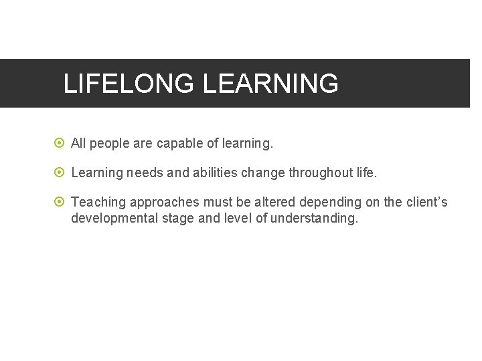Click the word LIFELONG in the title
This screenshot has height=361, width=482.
click(x=129, y=84)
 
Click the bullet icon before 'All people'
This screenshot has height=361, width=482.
click(x=60, y=143)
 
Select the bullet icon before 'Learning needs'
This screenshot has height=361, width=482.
click(x=60, y=172)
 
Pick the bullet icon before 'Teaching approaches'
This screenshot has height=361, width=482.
click(x=60, y=202)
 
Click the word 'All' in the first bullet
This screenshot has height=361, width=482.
click(x=78, y=143)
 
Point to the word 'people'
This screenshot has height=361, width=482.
click(x=109, y=144)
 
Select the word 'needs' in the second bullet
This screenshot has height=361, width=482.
click(x=144, y=172)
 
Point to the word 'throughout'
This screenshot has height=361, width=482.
click(x=321, y=172)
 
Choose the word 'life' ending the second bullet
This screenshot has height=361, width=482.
click(x=367, y=172)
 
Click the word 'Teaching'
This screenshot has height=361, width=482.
click(x=98, y=202)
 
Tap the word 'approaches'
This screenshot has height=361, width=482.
click(x=162, y=203)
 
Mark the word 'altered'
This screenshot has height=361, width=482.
click(x=274, y=202)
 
